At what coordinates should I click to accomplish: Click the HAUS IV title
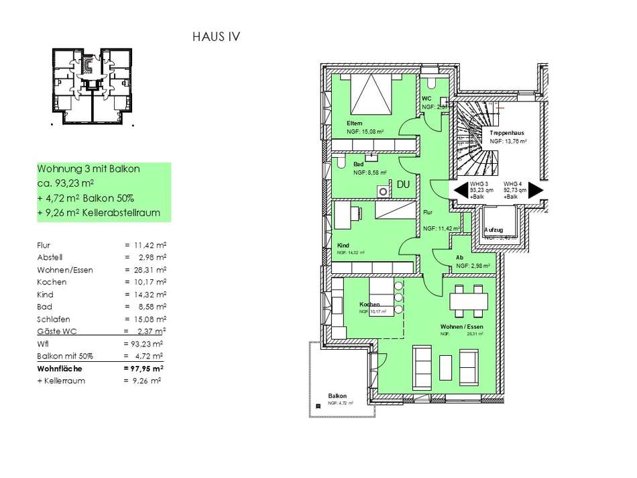tap(216, 37)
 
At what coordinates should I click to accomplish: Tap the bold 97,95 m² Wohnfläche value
tap(145, 368)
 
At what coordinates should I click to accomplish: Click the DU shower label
tap(403, 184)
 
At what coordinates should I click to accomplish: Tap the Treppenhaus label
tap(508, 133)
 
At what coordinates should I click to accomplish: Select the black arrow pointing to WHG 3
tap(459, 191)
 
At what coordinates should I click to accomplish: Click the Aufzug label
tap(497, 230)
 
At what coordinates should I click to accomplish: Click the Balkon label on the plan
tap(337, 396)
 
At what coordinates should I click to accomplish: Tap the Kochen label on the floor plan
tap(369, 304)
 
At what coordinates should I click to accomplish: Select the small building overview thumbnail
tap(91, 85)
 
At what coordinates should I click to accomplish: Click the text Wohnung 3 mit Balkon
tap(89, 169)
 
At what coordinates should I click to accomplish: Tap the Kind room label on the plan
tap(344, 245)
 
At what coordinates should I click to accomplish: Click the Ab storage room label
tap(460, 257)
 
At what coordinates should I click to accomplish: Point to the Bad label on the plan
tap(359, 164)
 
